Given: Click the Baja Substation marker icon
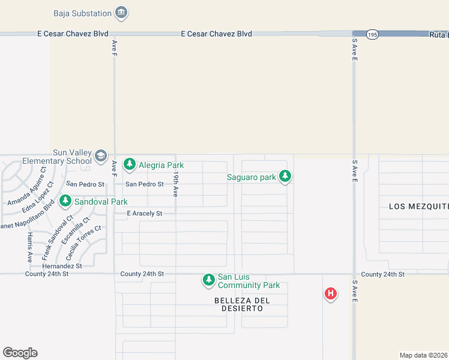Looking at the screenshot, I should click(x=122, y=13).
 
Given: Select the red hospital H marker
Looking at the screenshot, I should click(x=330, y=293).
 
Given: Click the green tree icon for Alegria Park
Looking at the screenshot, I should click(x=130, y=164).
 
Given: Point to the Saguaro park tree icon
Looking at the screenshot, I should click(x=286, y=176).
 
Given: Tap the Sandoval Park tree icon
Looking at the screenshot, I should click(x=65, y=202).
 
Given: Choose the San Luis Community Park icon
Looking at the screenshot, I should click(x=208, y=280).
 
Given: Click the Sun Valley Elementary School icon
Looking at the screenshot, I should click(x=100, y=157).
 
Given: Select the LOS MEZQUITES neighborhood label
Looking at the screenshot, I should click(x=418, y=206).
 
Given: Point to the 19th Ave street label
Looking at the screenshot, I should click(x=176, y=184).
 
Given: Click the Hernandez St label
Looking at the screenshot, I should click(x=62, y=265).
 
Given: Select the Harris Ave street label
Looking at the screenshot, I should click(x=29, y=247).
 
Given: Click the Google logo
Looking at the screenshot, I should click(x=20, y=353).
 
